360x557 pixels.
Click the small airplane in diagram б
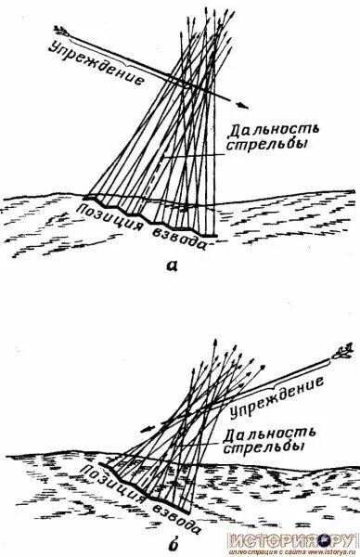[343, 353]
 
